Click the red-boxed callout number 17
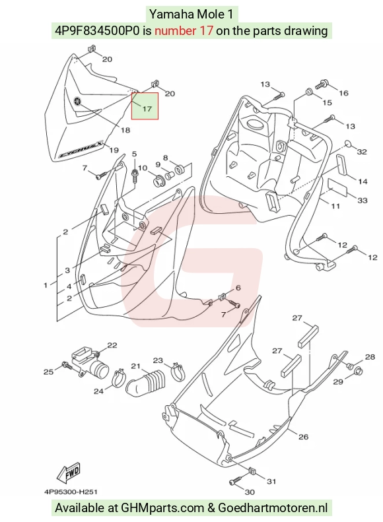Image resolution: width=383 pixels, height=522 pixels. point(147,108)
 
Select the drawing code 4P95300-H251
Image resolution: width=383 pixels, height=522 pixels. point(71,492)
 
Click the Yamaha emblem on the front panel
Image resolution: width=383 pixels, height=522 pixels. point(78,101)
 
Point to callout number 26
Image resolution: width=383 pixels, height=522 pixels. point(303,436)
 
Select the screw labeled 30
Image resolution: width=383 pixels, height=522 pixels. point(236,480)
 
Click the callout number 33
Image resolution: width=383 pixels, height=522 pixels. point(362,200)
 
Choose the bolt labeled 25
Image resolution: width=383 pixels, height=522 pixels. point(67,365)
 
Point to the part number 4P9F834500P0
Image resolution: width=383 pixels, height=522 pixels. point(97,30)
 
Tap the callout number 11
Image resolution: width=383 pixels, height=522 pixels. point(335,206)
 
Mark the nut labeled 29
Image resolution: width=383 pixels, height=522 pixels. point(358,370)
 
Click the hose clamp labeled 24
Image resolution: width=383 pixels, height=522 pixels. point(118,378)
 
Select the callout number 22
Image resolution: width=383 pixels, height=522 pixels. point(112,345)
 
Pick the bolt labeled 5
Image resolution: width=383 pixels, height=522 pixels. point(135,176)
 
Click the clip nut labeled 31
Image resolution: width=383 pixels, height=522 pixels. point(253,472)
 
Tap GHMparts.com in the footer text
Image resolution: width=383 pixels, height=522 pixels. point(162,507)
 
